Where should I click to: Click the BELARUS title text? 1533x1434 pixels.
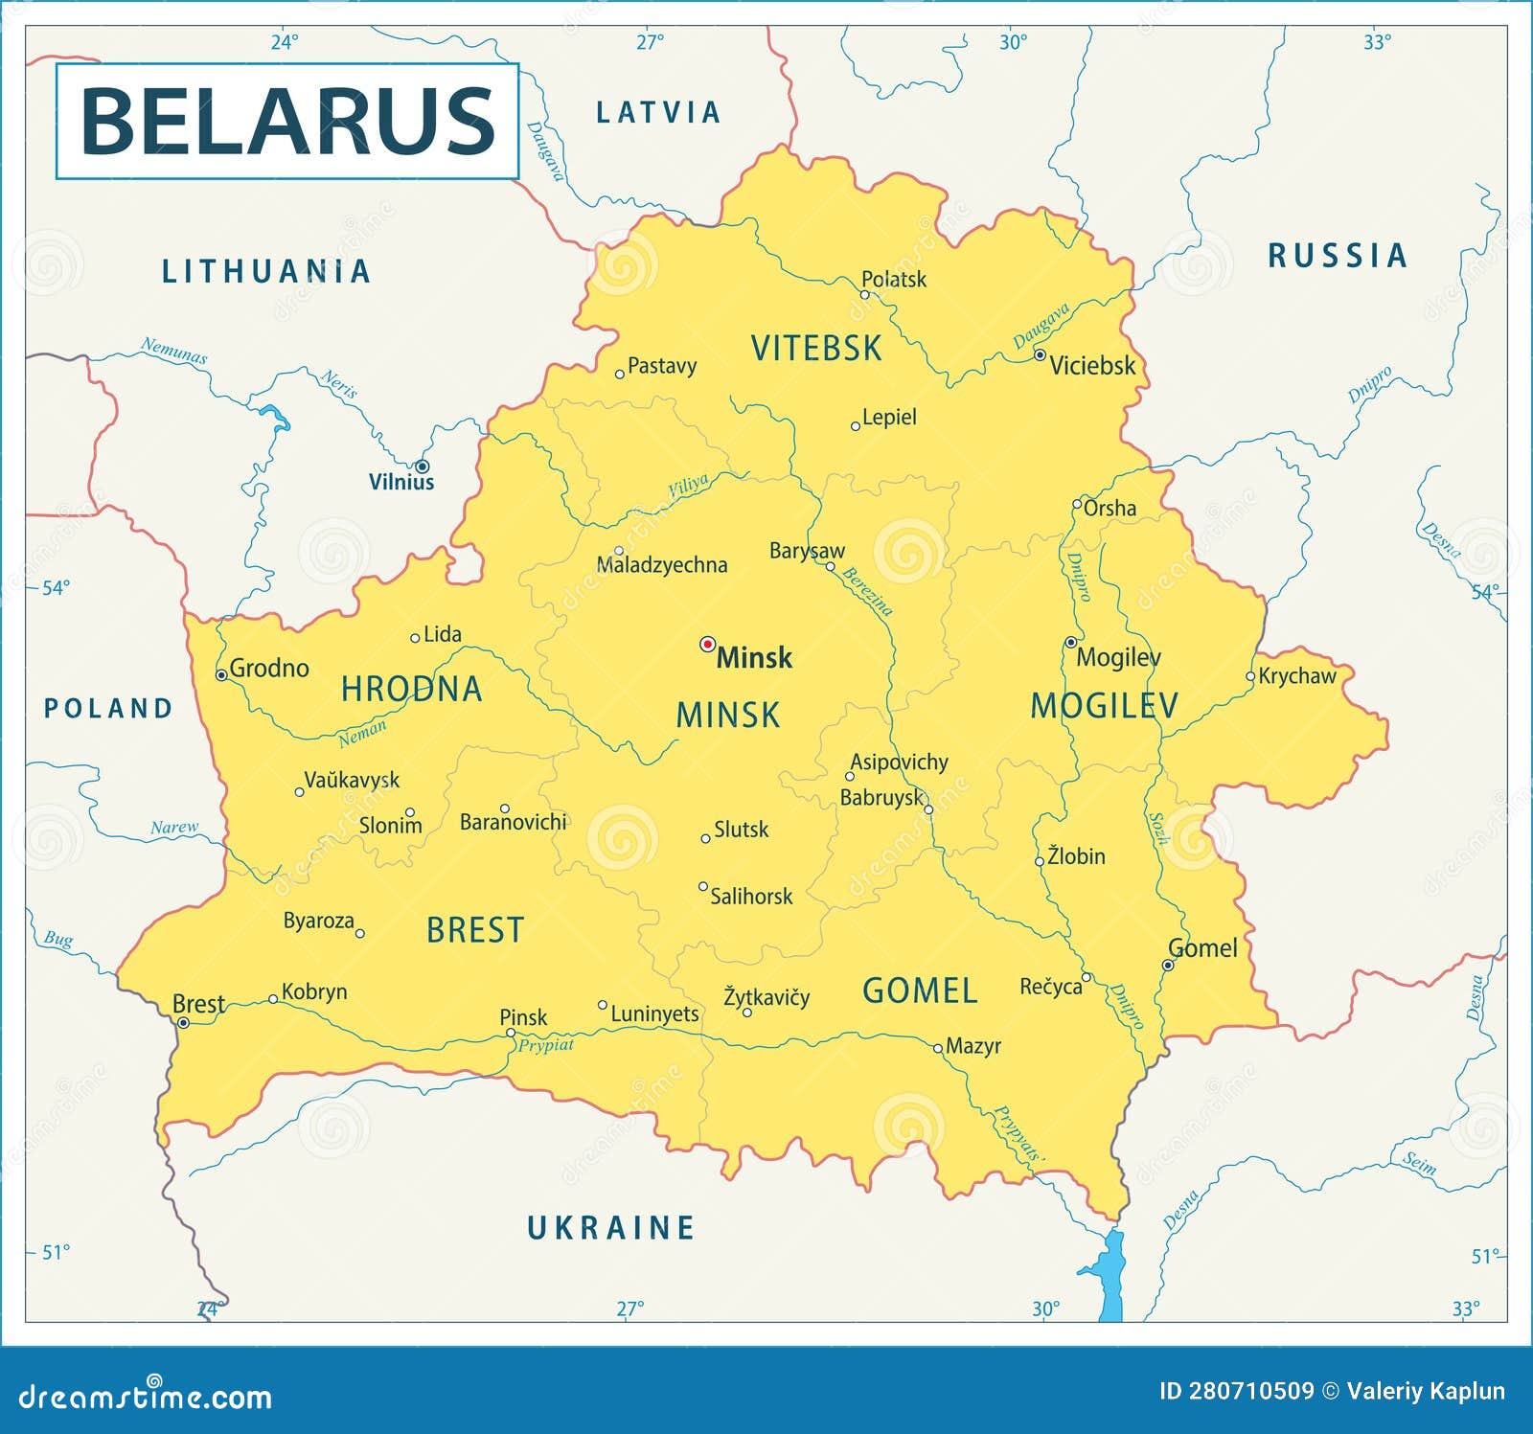click(x=287, y=121)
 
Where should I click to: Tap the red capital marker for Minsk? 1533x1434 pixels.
click(x=707, y=644)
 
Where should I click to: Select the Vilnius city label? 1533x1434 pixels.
click(x=401, y=482)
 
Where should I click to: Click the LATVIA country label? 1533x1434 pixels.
click(x=657, y=113)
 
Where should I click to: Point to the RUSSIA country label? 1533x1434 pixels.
click(x=1338, y=256)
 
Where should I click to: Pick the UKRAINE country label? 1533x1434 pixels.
click(x=611, y=1227)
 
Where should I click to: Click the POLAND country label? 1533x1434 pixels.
click(x=108, y=708)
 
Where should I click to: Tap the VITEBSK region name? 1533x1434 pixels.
click(x=815, y=348)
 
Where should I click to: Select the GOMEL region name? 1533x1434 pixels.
click(x=920, y=990)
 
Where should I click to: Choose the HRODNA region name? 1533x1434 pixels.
click(x=411, y=689)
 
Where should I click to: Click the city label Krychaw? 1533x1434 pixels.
click(x=1296, y=676)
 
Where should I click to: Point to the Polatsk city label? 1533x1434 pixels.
click(x=893, y=279)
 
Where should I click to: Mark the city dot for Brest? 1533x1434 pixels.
click(x=183, y=1023)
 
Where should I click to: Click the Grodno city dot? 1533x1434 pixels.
click(x=221, y=675)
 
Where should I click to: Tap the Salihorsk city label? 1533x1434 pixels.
click(x=751, y=897)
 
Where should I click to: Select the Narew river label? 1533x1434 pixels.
click(x=174, y=828)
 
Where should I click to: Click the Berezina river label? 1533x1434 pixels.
click(x=867, y=592)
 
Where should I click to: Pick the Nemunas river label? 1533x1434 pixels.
click(x=173, y=351)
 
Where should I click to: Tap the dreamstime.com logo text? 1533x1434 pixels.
click(x=146, y=1397)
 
